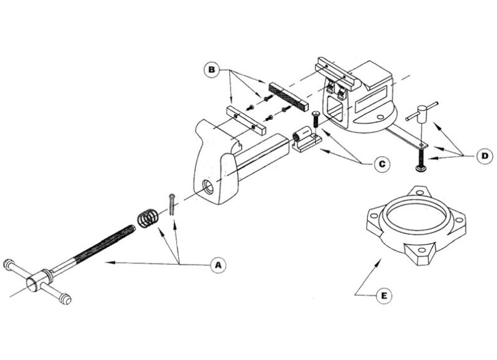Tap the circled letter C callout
click(380, 164)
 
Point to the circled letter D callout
click(483, 155)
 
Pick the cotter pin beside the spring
click(171, 205)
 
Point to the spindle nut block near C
click(304, 140)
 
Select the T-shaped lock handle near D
click(417, 114)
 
